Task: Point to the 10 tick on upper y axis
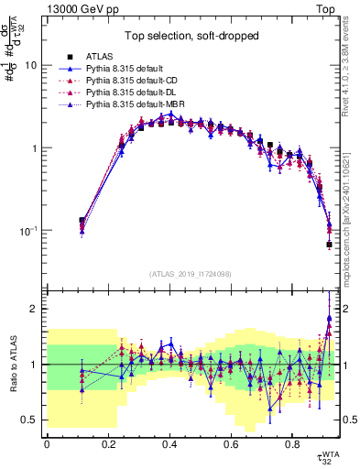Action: tap(31, 66)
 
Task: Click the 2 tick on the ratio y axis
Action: tap(34, 309)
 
